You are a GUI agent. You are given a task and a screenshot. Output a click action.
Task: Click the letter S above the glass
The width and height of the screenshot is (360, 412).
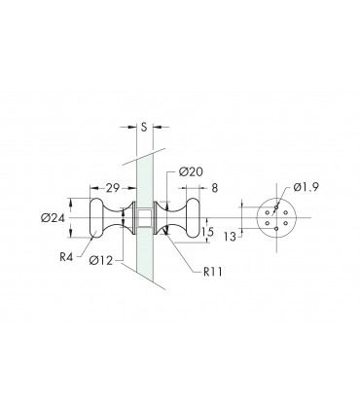point(144,127)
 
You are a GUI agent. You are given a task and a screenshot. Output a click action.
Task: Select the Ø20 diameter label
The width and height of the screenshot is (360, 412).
point(191,171)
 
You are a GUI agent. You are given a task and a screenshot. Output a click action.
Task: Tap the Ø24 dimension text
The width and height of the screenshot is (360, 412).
point(53,218)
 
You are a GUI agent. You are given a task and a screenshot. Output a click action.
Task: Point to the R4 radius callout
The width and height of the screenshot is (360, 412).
point(66,257)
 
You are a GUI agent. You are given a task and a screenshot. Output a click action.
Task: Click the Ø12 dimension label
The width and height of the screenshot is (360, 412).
point(101,260)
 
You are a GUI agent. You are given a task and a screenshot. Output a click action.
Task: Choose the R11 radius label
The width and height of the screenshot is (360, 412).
point(213,272)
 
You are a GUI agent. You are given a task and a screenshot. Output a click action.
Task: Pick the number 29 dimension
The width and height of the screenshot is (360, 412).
point(113,188)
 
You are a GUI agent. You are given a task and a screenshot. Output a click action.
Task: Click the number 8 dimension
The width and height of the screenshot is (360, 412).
point(215,188)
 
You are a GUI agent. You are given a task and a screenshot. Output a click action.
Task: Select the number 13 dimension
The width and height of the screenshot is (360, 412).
point(230,237)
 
